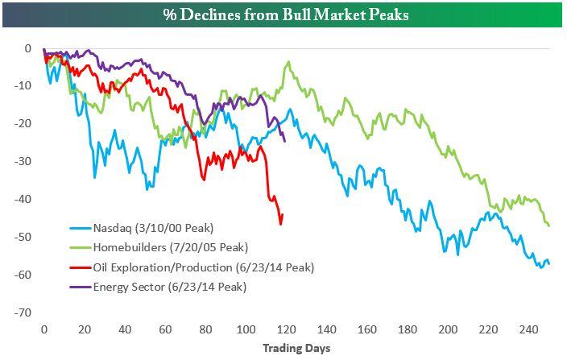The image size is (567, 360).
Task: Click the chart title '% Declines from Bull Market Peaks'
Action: (x=283, y=14)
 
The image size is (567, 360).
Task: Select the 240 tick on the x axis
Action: (x=528, y=330)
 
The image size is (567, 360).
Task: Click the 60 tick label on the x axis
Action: (x=165, y=330)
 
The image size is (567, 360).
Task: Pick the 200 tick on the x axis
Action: (x=448, y=330)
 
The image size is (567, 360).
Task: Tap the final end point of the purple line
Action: (x=285, y=140)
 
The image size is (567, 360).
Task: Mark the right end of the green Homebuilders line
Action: (x=549, y=226)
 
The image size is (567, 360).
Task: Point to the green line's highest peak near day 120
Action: (x=287, y=61)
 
